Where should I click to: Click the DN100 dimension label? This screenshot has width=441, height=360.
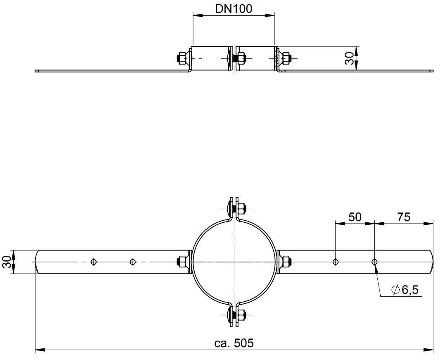point(234,9)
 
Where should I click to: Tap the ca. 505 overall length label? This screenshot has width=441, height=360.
point(234,343)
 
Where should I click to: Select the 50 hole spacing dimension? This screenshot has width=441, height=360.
point(355,217)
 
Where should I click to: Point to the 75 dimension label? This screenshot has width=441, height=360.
point(404,217)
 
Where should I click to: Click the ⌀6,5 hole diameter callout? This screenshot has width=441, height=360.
point(405,289)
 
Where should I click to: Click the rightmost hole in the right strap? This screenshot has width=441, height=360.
point(374,262)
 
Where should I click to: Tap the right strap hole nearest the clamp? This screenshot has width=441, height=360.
point(335,262)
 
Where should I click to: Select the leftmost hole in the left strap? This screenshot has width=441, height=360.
point(94,262)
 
